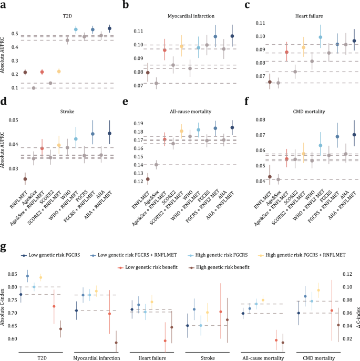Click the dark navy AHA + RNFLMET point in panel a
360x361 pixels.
109,28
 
